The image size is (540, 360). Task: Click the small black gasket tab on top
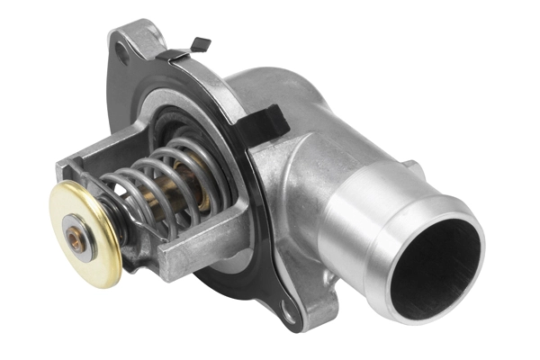[x=200, y=42]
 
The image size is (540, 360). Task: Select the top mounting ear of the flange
[x=135, y=40]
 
